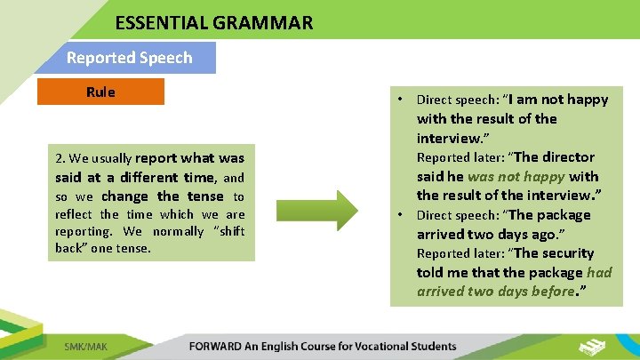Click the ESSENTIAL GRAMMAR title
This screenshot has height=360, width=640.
(x=213, y=22)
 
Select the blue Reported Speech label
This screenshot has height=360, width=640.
(x=129, y=58)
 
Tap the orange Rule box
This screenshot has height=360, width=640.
(x=100, y=92)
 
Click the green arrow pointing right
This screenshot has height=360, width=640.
(x=317, y=208)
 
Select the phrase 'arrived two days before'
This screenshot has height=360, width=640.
(x=495, y=292)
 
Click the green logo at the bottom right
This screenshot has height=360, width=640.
(x=593, y=345)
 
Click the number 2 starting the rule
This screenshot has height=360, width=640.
(x=59, y=158)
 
